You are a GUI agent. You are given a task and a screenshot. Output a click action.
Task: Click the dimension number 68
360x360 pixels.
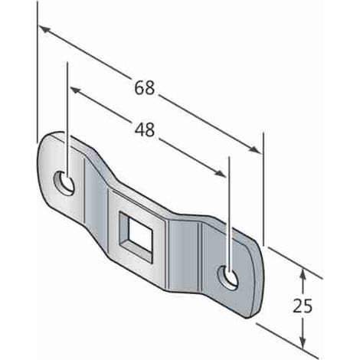click(145, 87)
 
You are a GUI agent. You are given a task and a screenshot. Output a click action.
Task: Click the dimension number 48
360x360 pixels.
click(145, 129)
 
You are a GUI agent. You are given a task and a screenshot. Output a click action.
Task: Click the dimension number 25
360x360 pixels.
click(303, 306)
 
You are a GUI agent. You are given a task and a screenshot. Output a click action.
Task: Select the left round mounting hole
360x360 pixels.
click(64, 183)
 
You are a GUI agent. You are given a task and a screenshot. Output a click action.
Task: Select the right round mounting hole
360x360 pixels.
click(228, 277)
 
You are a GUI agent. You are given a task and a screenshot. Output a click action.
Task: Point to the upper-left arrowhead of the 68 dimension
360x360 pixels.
click(44, 30)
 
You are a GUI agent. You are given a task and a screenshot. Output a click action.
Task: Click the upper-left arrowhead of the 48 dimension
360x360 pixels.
click(75, 90)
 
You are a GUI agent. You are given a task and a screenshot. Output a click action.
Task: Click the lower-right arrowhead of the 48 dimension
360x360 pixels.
click(220, 173)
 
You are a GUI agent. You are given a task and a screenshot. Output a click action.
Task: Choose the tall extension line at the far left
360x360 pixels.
click(38, 71)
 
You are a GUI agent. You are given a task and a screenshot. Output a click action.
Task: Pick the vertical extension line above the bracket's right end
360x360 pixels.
click(263, 188)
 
